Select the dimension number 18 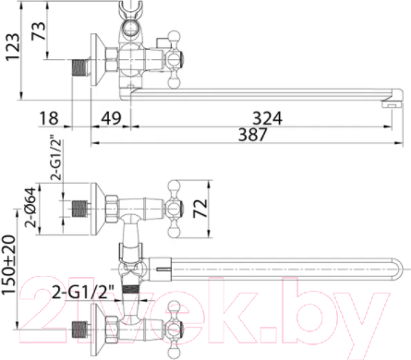(x=50, y=117)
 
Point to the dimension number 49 (x=112, y=117)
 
